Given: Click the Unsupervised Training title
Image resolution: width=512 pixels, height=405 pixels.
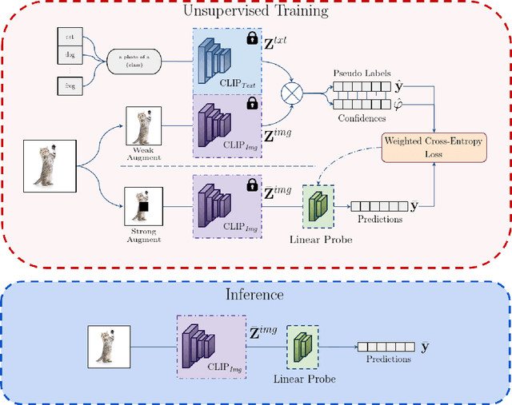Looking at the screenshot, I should point(256,12).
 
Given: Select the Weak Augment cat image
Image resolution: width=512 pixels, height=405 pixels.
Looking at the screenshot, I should point(144,126).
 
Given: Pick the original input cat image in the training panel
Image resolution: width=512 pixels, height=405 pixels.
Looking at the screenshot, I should point(46,166).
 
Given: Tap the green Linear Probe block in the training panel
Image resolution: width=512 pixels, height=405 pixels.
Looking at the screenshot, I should point(316,205).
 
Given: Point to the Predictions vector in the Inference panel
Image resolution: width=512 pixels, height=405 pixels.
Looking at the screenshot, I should point(385,347).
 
